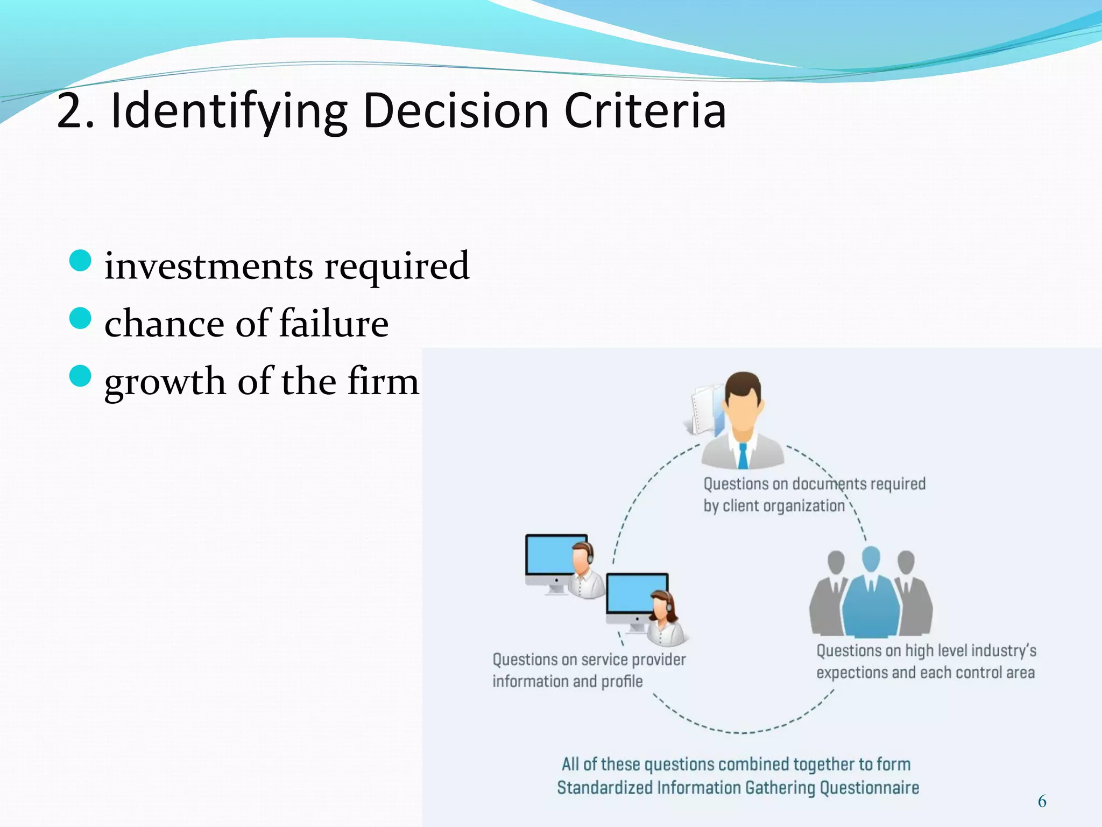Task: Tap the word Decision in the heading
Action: (x=455, y=111)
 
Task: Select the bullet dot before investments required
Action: (x=80, y=261)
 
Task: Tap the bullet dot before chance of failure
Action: (x=80, y=318)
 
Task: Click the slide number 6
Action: (x=1042, y=801)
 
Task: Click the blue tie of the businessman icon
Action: (x=743, y=455)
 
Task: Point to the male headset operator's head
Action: (x=582, y=558)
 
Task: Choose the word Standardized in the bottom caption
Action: (x=605, y=788)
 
